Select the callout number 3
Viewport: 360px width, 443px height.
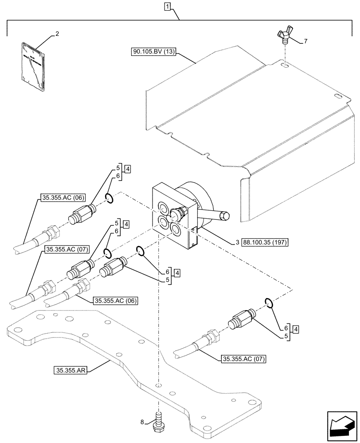pos(238,243)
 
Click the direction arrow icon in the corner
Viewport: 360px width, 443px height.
pos(342,427)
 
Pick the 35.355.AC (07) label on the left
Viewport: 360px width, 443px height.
pos(66,250)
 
